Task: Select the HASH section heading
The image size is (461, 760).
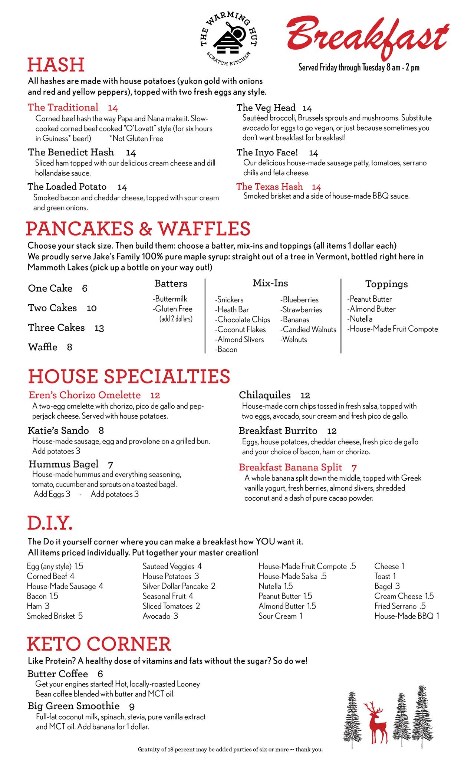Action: (56, 65)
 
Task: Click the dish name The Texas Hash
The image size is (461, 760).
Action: (269, 186)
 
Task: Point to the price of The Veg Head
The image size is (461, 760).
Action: (307, 108)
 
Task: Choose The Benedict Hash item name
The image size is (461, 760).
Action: (71, 152)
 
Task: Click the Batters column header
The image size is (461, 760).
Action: (171, 284)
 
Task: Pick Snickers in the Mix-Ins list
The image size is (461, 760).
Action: (230, 299)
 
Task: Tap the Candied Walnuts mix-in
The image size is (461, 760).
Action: (309, 329)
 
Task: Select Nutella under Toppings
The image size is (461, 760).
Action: (360, 319)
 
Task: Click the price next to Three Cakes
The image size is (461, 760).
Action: (99, 328)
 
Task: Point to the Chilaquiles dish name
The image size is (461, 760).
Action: (264, 395)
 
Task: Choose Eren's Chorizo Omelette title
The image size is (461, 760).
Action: (85, 395)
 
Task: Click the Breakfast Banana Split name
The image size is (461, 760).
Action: (290, 467)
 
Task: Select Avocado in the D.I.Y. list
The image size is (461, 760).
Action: (157, 616)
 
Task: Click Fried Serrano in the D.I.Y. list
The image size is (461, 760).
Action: (395, 606)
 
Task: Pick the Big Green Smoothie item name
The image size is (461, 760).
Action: (74, 706)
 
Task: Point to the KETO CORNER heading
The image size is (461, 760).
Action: (99, 644)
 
